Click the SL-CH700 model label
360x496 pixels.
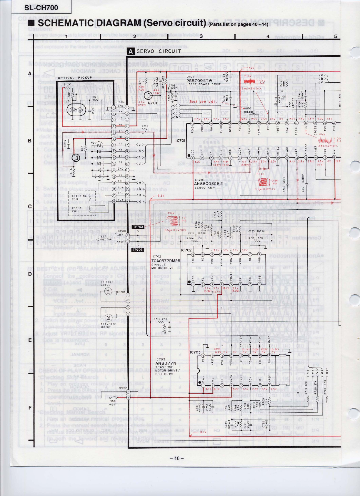[x=41, y=8]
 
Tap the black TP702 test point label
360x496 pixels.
[x=138, y=227]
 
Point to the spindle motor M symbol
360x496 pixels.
[x=108, y=291]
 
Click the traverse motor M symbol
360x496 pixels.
[x=109, y=317]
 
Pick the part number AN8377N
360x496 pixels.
[x=165, y=363]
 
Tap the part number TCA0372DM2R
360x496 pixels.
[x=166, y=261]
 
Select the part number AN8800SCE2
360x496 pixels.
[x=209, y=184]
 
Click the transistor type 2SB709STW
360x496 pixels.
[x=199, y=81]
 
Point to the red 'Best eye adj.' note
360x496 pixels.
[x=203, y=102]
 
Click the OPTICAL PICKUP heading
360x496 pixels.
[x=75, y=78]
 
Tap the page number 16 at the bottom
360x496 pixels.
[x=176, y=458]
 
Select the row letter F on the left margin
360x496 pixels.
[x=30, y=408]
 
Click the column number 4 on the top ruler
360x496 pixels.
[x=268, y=36]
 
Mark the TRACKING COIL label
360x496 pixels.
[x=79, y=197]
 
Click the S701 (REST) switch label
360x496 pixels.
[x=113, y=403]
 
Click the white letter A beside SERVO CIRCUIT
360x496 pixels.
[x=131, y=51]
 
